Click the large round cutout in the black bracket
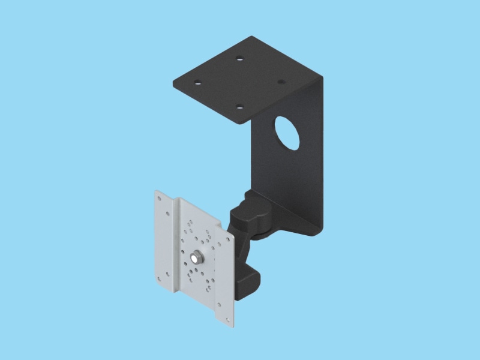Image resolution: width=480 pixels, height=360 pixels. tap(287, 132)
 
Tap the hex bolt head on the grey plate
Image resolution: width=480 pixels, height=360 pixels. tap(196, 258)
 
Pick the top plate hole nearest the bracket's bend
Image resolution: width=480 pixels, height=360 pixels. tap(280, 83)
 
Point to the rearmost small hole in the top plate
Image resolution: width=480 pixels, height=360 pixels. tap(239, 59)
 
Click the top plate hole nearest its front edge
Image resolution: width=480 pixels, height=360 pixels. tap(239, 107)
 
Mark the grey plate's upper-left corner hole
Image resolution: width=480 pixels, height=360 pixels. tap(159, 197)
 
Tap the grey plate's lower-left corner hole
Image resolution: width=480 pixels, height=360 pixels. tap(159, 279)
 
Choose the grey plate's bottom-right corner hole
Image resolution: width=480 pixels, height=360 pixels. tap(229, 319)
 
